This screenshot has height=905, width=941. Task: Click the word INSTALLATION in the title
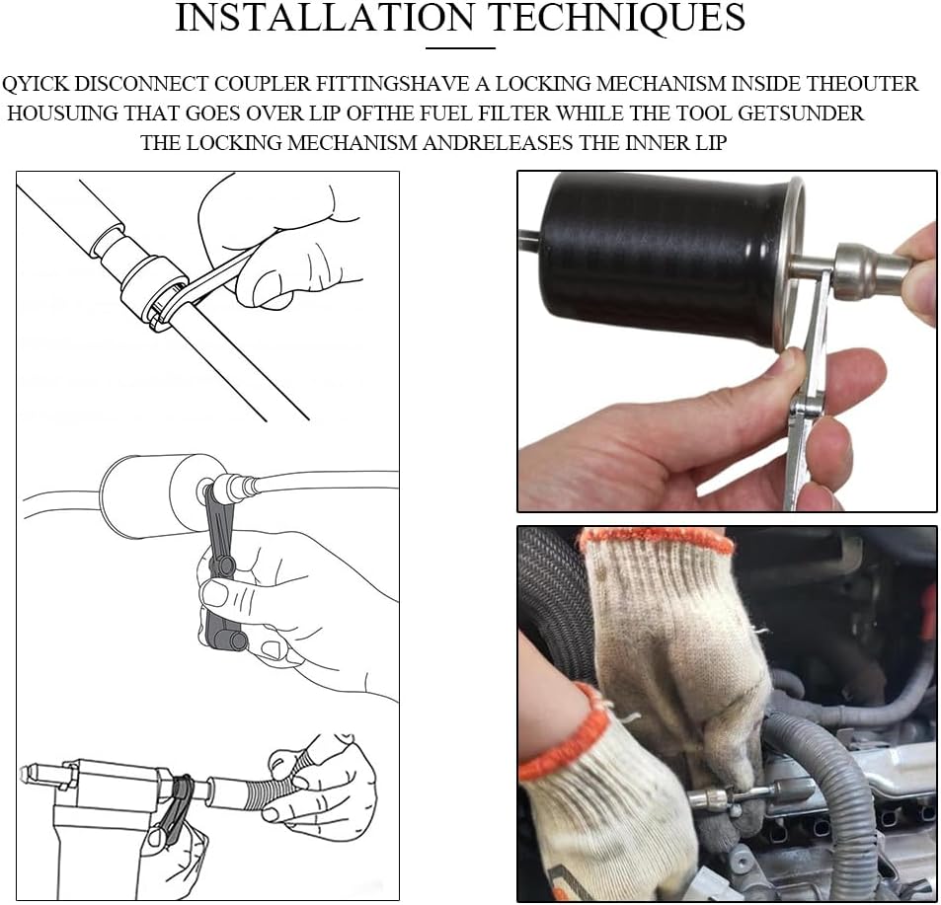click(x=324, y=18)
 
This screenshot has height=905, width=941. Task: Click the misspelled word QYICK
click(x=36, y=83)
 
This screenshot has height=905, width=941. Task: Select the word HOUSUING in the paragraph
click(x=62, y=113)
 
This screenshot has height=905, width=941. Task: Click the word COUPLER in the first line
click(x=263, y=83)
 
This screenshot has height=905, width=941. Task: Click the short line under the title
click(x=460, y=48)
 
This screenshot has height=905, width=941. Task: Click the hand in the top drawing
click(x=282, y=240)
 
